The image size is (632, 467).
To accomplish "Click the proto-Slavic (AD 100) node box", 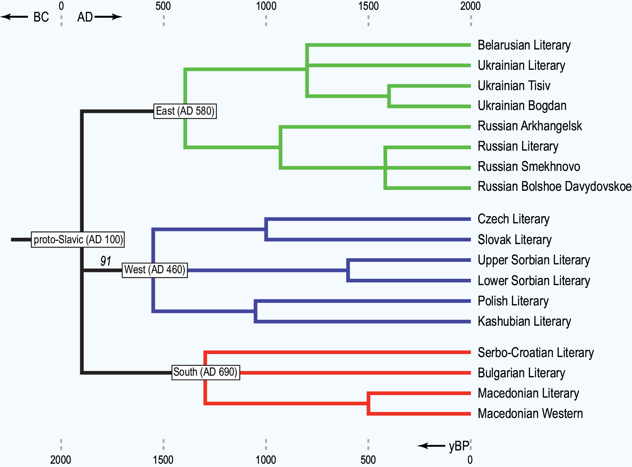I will tap(78, 239).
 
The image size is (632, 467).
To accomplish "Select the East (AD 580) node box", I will tap(185, 111).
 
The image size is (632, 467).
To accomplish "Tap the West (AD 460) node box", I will tap(155, 270).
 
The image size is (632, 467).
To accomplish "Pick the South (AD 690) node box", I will tap(205, 372).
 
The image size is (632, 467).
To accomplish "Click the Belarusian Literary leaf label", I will tap(524, 45).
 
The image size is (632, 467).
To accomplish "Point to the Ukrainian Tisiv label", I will tap(514, 86).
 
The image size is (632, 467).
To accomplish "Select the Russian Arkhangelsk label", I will tap(530, 126).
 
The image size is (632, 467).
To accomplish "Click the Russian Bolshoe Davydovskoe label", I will tap(555, 187).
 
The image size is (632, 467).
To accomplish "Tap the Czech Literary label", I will tap(514, 219).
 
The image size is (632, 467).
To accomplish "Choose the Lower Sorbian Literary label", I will tap(534, 281).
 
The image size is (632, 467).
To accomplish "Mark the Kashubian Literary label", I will tap(524, 321).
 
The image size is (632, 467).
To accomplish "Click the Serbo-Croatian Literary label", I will tap(536, 353).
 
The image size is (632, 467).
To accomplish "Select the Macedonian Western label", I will tap(530, 414).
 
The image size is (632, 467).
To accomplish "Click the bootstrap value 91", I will tap(106, 261).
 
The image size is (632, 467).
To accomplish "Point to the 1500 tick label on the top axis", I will tap(369, 6).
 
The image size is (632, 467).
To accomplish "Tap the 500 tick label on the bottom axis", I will tap(368, 460).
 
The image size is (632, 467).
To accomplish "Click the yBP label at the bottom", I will tap(459, 446).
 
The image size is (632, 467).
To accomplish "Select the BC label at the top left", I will tap(41, 17).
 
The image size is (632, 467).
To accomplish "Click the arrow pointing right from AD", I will tap(108, 17).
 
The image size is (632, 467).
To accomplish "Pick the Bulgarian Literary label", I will tap(521, 373).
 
